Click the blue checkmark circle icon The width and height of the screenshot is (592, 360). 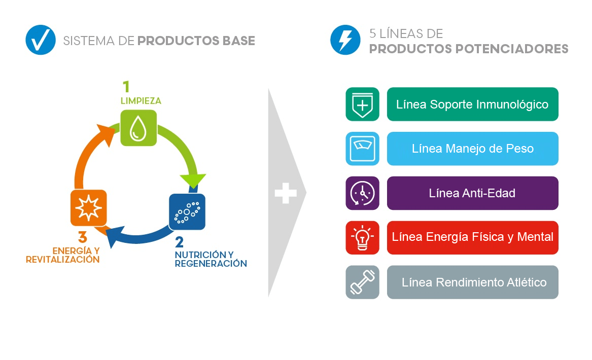pos(40,40)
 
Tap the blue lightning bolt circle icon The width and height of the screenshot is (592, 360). pos(345,40)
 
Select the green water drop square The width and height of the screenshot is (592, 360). pos(138,128)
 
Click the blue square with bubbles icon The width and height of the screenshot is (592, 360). pos(187,212)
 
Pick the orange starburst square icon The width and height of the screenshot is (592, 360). pos(88,207)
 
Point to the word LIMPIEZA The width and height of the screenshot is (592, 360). pos(141,101)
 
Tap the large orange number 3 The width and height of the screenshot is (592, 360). pos(83,237)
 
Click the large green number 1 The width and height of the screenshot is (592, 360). pos(126,87)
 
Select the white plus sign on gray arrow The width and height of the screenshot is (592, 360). pos(286,193)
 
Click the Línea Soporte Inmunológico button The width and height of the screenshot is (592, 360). pos(472,104)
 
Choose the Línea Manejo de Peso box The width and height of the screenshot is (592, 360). pos(472,149)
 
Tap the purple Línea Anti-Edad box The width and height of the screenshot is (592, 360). pos(472,193)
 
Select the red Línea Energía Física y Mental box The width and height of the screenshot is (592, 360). pos(472,237)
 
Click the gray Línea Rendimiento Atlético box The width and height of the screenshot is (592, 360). pos(472,282)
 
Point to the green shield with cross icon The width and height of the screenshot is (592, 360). pos(362,104)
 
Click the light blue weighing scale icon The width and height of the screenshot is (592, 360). pos(362,149)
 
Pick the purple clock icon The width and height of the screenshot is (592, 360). pos(362,193)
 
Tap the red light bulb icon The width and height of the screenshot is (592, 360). pos(362,237)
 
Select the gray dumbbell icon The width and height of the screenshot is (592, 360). pos(362,282)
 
